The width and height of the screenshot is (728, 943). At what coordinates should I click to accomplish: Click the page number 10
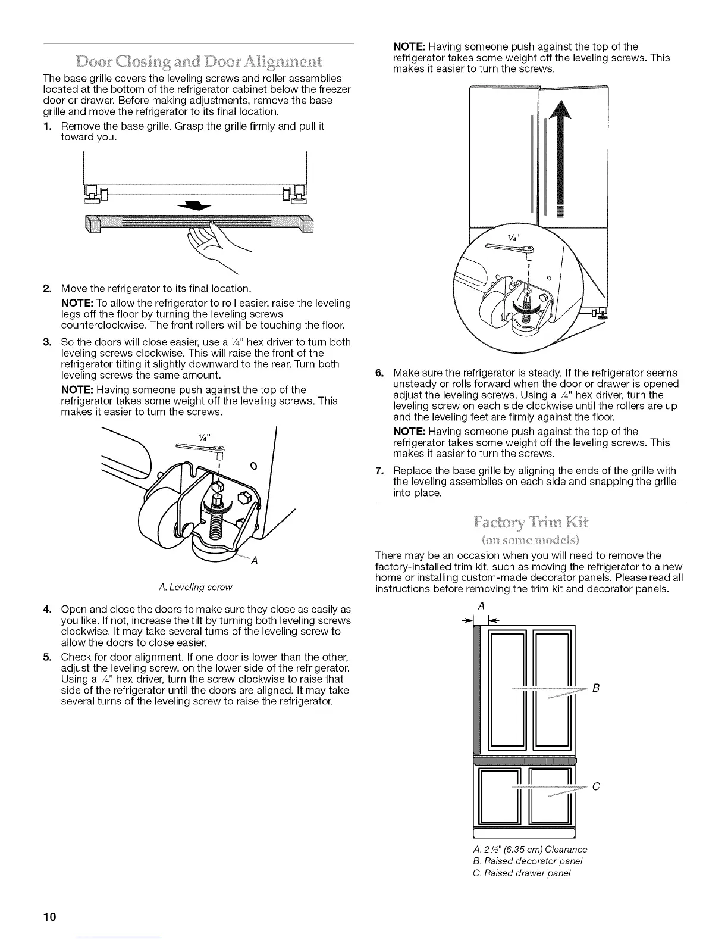tap(49, 916)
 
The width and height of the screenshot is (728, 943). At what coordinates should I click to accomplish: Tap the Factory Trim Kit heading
tap(531, 524)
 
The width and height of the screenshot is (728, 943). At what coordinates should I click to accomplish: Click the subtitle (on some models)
tap(531, 540)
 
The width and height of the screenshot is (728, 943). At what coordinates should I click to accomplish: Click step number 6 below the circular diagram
tap(379, 373)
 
